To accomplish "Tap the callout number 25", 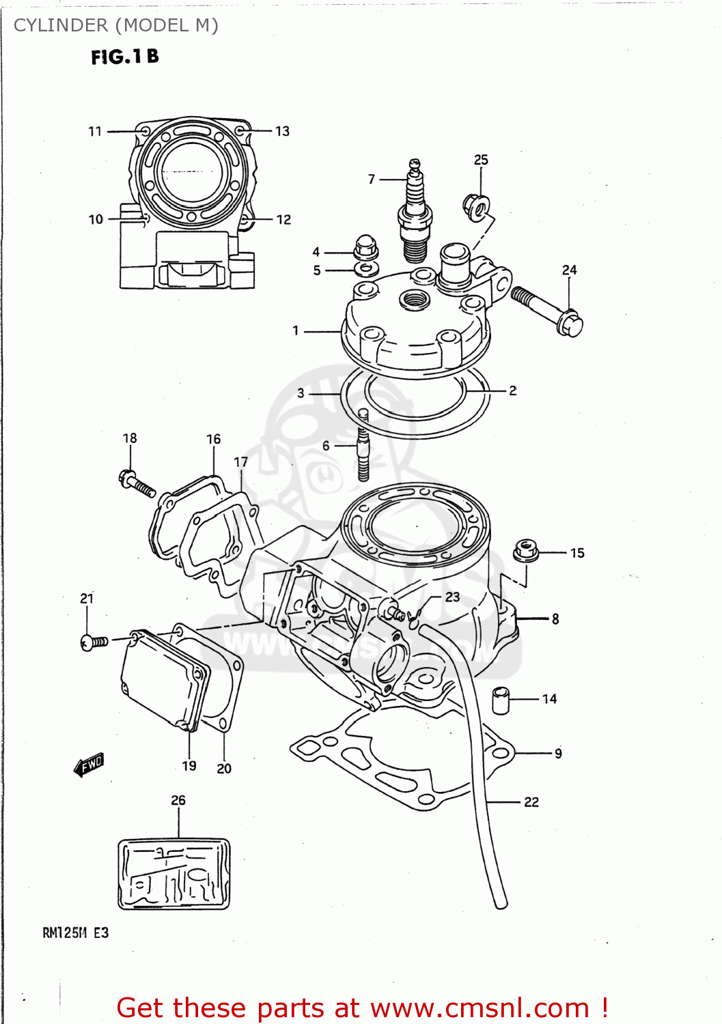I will click(x=481, y=160).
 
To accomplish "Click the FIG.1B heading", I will click(x=125, y=57).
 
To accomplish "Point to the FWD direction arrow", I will click(x=89, y=765).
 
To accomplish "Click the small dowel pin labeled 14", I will click(x=501, y=701).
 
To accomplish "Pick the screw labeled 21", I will click(x=93, y=642).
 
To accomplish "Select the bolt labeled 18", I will click(x=137, y=483).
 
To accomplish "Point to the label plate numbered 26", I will click(x=173, y=874).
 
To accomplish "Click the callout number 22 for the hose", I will click(x=531, y=802).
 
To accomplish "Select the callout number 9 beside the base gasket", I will click(x=558, y=754).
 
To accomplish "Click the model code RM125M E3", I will click(x=75, y=933).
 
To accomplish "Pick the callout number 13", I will click(x=282, y=131).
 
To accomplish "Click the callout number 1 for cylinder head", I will click(x=296, y=330).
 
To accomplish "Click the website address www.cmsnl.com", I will click(x=480, y=1008).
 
